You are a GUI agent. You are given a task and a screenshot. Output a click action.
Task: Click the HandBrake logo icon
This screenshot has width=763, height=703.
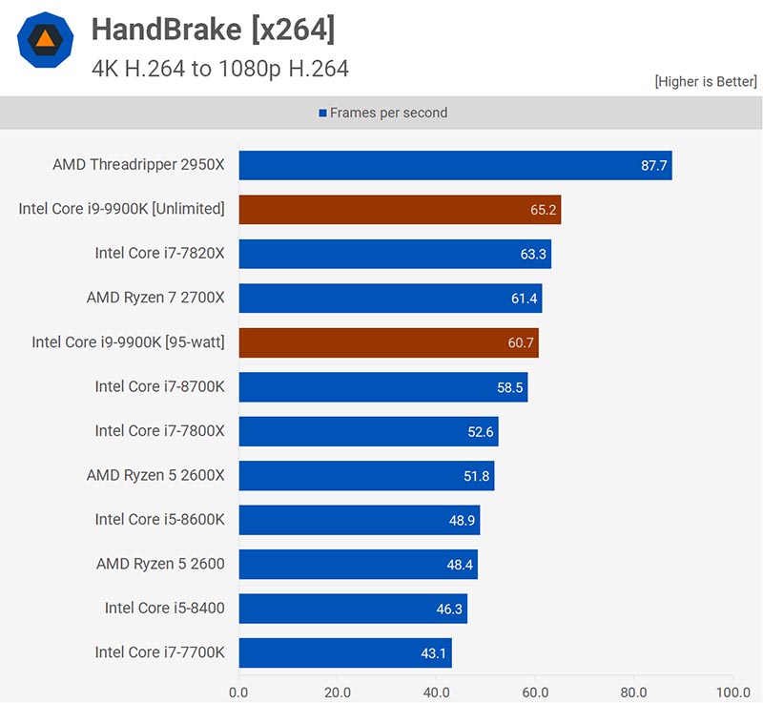(46, 41)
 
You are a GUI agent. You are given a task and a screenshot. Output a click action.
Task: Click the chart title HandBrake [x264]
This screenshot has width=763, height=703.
(213, 31)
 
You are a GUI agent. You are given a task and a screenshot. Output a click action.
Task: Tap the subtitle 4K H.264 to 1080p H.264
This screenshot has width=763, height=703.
(219, 68)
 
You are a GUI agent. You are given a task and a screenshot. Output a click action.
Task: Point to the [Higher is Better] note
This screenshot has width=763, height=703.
(705, 82)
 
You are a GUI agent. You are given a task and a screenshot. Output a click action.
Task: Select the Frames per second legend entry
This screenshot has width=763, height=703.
(382, 113)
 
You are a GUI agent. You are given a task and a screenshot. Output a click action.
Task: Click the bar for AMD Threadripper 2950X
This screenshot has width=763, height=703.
(455, 165)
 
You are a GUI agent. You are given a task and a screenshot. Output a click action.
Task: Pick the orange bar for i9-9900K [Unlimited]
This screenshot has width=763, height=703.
(400, 209)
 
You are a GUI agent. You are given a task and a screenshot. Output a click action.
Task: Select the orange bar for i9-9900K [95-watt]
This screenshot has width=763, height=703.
(388, 342)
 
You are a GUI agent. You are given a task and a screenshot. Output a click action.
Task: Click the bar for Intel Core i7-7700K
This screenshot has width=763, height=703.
(344, 652)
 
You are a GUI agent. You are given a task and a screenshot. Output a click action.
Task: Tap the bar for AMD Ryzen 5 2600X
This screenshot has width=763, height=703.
(366, 475)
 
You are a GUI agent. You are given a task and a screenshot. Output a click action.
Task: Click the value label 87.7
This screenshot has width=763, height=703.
(654, 165)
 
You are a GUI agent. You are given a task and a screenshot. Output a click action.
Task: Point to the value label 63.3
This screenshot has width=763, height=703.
(534, 254)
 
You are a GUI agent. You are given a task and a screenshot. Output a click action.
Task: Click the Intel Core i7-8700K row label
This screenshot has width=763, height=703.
(159, 386)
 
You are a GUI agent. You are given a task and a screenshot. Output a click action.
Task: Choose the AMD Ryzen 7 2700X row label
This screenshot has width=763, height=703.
(155, 298)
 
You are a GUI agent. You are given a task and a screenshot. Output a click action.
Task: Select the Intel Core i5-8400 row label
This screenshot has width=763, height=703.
(165, 609)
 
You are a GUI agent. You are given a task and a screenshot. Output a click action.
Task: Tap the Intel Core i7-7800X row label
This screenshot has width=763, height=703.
(159, 431)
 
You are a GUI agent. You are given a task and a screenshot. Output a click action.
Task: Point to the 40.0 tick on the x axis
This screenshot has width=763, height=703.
(436, 692)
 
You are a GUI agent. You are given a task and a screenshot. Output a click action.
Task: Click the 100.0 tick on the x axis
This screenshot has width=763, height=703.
(732, 692)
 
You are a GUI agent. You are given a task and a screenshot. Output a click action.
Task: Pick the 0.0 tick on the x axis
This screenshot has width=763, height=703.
(238, 692)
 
